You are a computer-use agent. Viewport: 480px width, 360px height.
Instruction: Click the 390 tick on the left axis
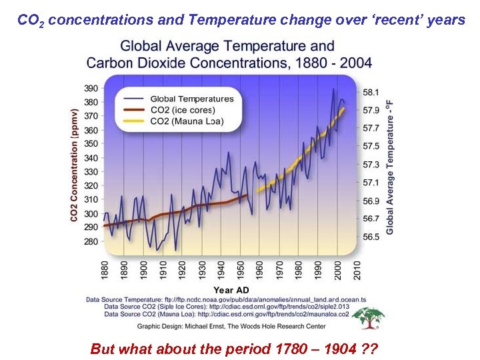point(91,88)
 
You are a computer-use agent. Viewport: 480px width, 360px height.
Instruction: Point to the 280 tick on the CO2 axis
point(91,242)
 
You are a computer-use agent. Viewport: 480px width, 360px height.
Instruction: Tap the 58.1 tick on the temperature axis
point(371,91)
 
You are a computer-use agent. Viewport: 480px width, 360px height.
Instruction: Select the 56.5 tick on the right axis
point(371,237)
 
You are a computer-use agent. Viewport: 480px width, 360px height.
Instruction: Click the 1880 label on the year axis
point(105,269)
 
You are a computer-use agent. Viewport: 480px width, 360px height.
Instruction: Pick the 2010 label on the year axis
point(357,269)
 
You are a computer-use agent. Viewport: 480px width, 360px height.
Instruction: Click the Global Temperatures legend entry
point(192,99)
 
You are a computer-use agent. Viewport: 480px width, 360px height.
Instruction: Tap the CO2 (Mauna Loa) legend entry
point(187,121)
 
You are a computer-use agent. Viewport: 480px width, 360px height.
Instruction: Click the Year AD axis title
point(231,290)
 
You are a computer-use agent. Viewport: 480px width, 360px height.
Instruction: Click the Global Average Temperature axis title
point(390,167)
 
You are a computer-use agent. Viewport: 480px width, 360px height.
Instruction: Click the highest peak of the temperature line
point(333,89)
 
